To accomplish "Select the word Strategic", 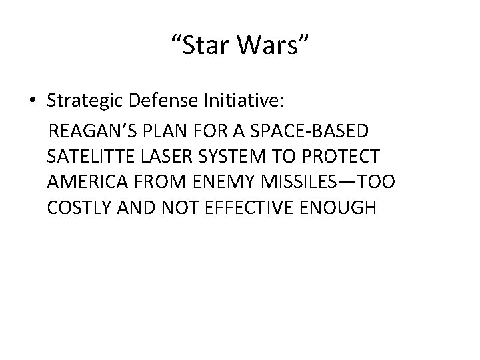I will [87, 101].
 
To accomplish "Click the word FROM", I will [157, 182].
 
